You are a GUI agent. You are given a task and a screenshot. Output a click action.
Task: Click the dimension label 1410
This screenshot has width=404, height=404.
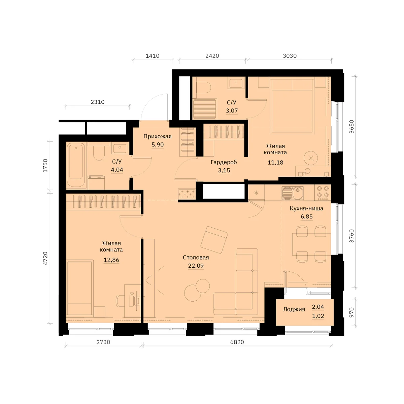tap(153, 56)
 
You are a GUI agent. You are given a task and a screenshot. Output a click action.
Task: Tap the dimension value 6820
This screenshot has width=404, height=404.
tap(237, 342)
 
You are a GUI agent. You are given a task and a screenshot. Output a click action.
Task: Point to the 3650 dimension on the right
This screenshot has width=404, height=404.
tap(351, 127)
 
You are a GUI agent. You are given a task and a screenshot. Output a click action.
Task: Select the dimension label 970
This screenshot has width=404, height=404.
tap(351, 312)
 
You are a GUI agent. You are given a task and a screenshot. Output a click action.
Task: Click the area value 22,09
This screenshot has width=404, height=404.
tap(196, 266)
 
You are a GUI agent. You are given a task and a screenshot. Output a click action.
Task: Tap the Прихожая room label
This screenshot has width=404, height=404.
tap(158, 136)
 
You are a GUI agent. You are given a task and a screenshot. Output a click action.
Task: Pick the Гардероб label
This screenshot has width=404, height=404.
tap(224, 162)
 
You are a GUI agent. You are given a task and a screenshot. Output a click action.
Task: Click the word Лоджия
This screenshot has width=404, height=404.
tap(294, 309)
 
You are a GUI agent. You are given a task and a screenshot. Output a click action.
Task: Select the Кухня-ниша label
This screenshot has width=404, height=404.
tap(306, 208)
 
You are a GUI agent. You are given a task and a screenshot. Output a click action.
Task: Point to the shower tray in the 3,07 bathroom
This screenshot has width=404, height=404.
tap(205, 109)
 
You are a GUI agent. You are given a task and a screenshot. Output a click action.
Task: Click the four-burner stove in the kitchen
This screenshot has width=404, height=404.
tap(323, 193)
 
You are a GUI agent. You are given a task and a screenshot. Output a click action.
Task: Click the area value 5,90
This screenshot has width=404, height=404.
tap(158, 145)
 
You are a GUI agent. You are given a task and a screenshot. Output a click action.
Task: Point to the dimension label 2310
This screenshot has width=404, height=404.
tap(98, 102)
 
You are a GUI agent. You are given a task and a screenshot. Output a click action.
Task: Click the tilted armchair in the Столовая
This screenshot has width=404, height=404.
tap(214, 240)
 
